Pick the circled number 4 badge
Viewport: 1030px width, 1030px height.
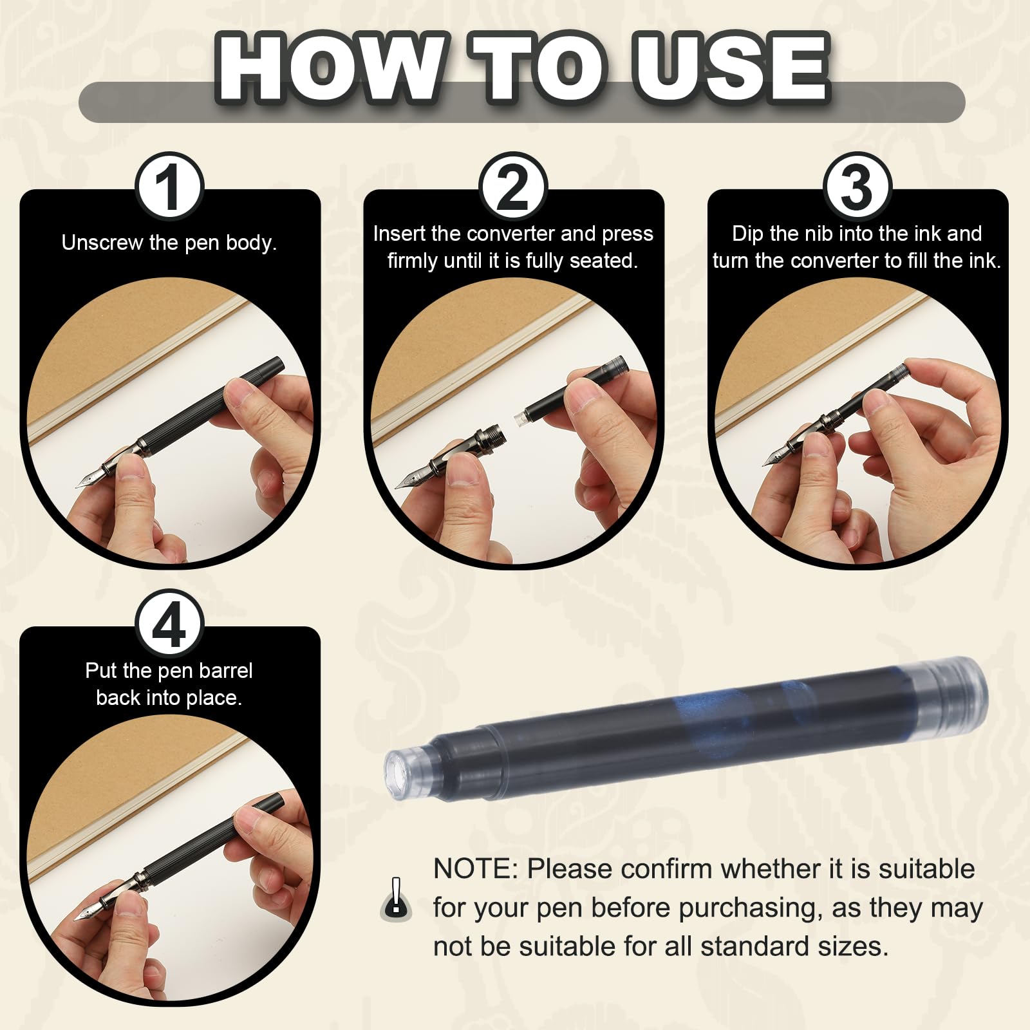(x=169, y=625)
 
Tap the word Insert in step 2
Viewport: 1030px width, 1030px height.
(x=399, y=233)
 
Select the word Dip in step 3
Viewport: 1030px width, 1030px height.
(x=747, y=233)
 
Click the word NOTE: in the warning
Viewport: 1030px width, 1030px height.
(x=476, y=869)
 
